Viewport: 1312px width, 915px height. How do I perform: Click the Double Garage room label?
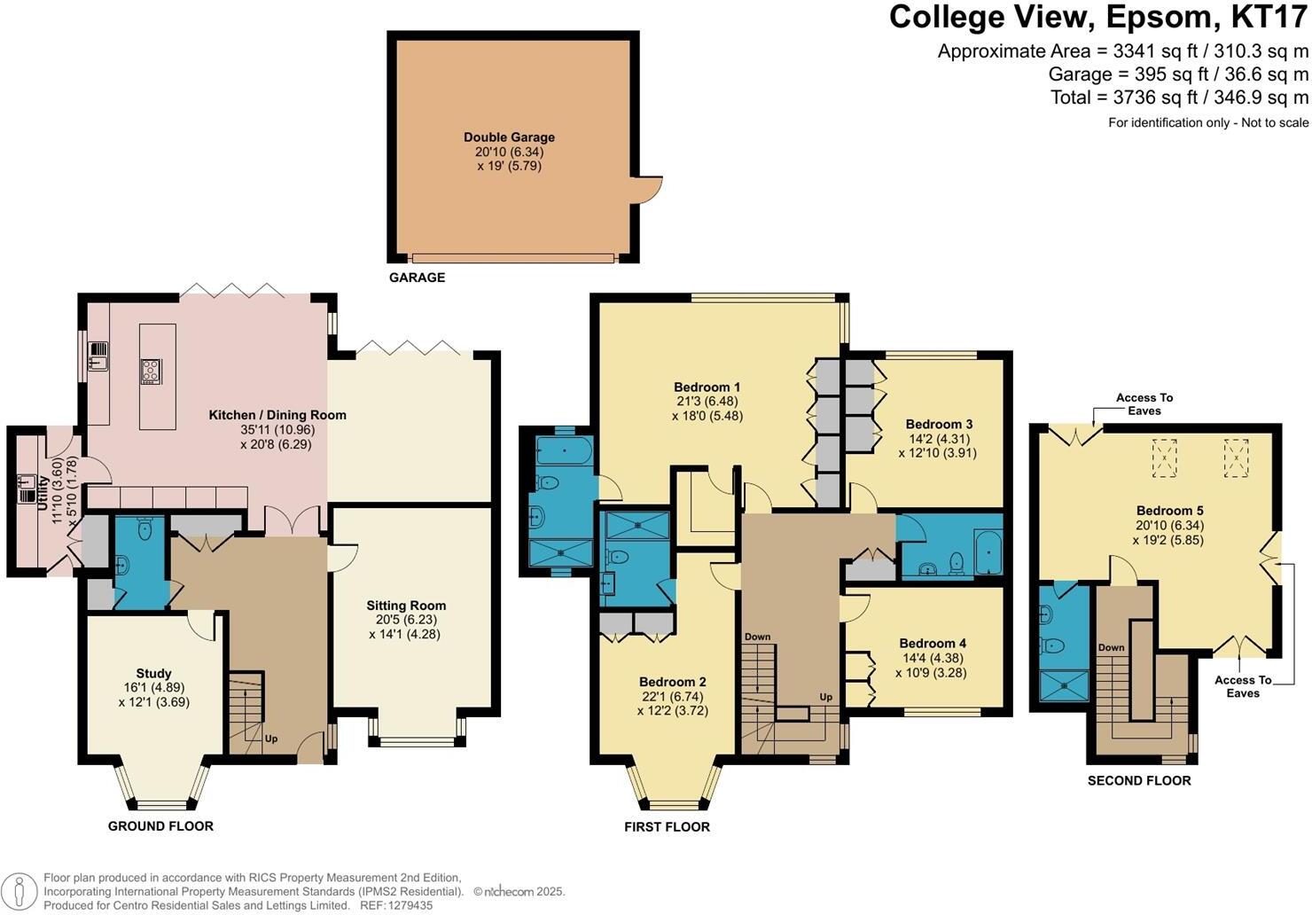pos(509,137)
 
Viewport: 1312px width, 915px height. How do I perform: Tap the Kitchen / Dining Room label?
pos(277,415)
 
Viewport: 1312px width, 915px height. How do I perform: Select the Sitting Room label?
pos(406,606)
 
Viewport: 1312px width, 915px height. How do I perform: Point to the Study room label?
pos(153,674)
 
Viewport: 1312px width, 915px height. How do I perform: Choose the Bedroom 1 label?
pos(707,387)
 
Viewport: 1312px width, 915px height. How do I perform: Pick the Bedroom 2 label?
pos(672,682)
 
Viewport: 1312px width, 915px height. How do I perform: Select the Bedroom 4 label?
pos(933,644)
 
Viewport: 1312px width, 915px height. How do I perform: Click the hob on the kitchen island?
pos(150,371)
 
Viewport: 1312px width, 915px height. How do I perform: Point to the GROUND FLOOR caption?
pos(160,826)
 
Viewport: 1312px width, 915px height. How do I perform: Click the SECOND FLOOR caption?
pos(1139,781)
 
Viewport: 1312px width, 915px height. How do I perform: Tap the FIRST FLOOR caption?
pos(667,827)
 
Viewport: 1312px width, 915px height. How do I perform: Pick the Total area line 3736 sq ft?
pos(1179,98)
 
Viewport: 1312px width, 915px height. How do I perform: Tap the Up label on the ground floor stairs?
pos(271,738)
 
